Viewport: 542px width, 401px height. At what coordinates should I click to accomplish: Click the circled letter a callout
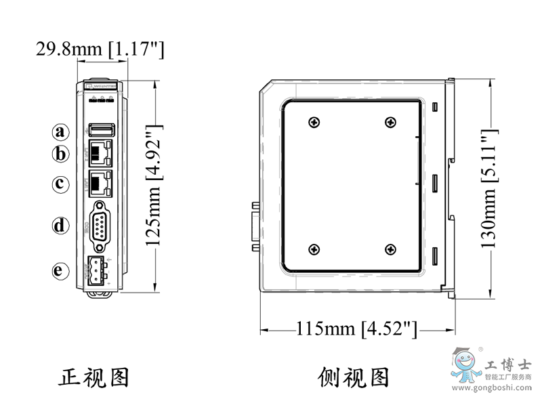(x=62, y=131)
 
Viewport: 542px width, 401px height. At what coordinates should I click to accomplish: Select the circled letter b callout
(x=62, y=154)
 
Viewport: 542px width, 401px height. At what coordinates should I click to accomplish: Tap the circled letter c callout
(x=62, y=183)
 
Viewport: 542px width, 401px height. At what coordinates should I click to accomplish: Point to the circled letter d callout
(x=62, y=225)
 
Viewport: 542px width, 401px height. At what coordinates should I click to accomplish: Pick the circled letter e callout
(x=62, y=271)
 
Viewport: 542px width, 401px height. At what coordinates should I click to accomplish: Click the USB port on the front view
(x=102, y=129)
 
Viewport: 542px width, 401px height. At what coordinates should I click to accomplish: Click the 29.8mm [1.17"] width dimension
(x=100, y=49)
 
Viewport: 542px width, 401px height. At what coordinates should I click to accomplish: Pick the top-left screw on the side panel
(x=314, y=123)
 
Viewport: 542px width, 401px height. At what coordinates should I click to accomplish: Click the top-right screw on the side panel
(x=390, y=123)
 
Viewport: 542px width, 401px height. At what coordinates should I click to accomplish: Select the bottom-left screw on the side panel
(x=314, y=251)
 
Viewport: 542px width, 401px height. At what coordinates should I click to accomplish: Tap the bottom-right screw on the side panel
(x=390, y=251)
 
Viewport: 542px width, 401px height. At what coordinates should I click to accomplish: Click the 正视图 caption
(x=93, y=376)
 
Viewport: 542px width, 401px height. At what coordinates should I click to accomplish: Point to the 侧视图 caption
(x=354, y=376)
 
